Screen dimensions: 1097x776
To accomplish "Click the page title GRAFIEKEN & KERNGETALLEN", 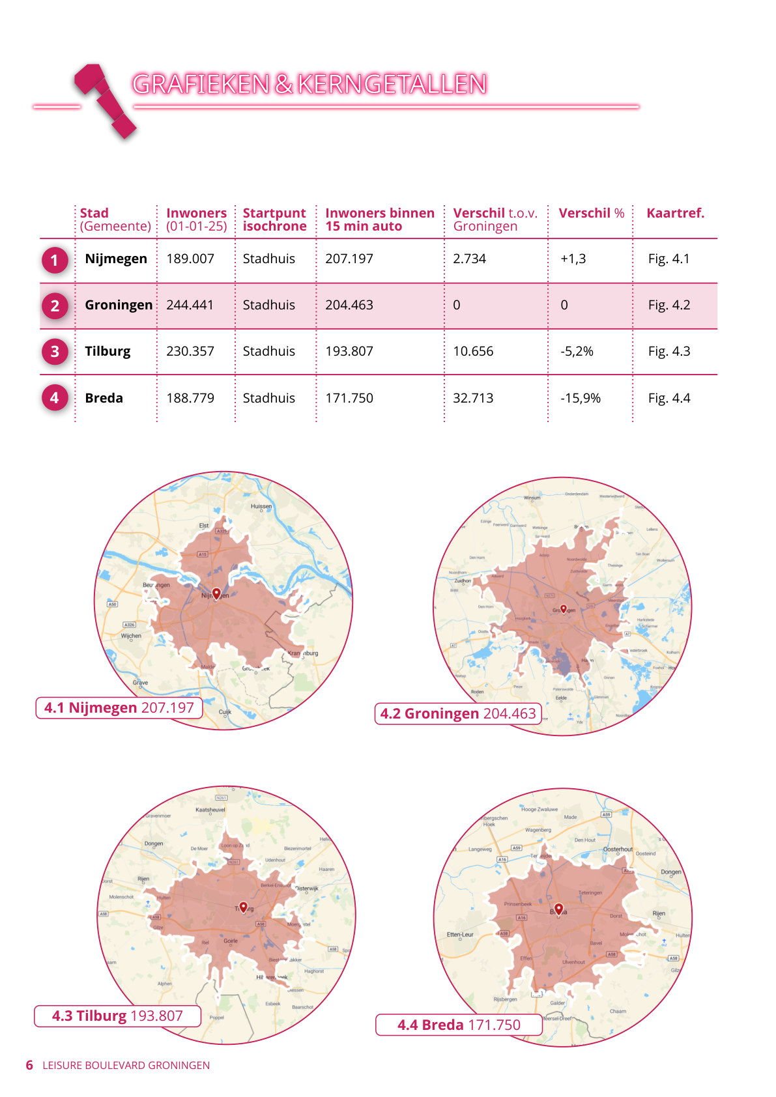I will [x=309, y=84].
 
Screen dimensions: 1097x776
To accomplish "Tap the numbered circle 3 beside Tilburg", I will [x=55, y=352].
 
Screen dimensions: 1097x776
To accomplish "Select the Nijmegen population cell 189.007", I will [x=190, y=259].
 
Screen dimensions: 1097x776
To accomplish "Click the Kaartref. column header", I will [x=675, y=213].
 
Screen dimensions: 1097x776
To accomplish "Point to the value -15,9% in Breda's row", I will [x=581, y=398].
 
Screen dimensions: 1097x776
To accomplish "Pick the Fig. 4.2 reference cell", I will [x=669, y=305].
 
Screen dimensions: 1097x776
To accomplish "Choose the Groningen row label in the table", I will [x=119, y=305].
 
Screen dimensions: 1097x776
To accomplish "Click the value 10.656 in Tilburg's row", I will [x=473, y=351].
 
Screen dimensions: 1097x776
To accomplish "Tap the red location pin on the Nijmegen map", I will [x=216, y=593].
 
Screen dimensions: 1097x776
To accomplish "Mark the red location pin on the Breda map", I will [x=558, y=908].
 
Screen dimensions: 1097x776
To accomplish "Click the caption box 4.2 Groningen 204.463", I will [x=458, y=713].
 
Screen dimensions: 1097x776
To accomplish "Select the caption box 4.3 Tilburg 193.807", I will [x=117, y=1016].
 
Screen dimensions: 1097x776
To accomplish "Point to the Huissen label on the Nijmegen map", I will [x=261, y=506].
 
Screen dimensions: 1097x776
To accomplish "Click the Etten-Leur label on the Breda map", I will [x=460, y=935].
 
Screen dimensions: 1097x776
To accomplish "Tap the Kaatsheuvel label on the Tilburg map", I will [x=210, y=810].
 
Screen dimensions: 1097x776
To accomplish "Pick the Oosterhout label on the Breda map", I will [x=618, y=849].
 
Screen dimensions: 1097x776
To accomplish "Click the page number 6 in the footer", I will [x=29, y=1065].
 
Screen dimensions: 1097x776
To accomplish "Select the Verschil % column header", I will [x=591, y=213].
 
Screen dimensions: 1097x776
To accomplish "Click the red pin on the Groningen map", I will [x=564, y=609].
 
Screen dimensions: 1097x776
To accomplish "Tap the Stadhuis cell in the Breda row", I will [x=269, y=398].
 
